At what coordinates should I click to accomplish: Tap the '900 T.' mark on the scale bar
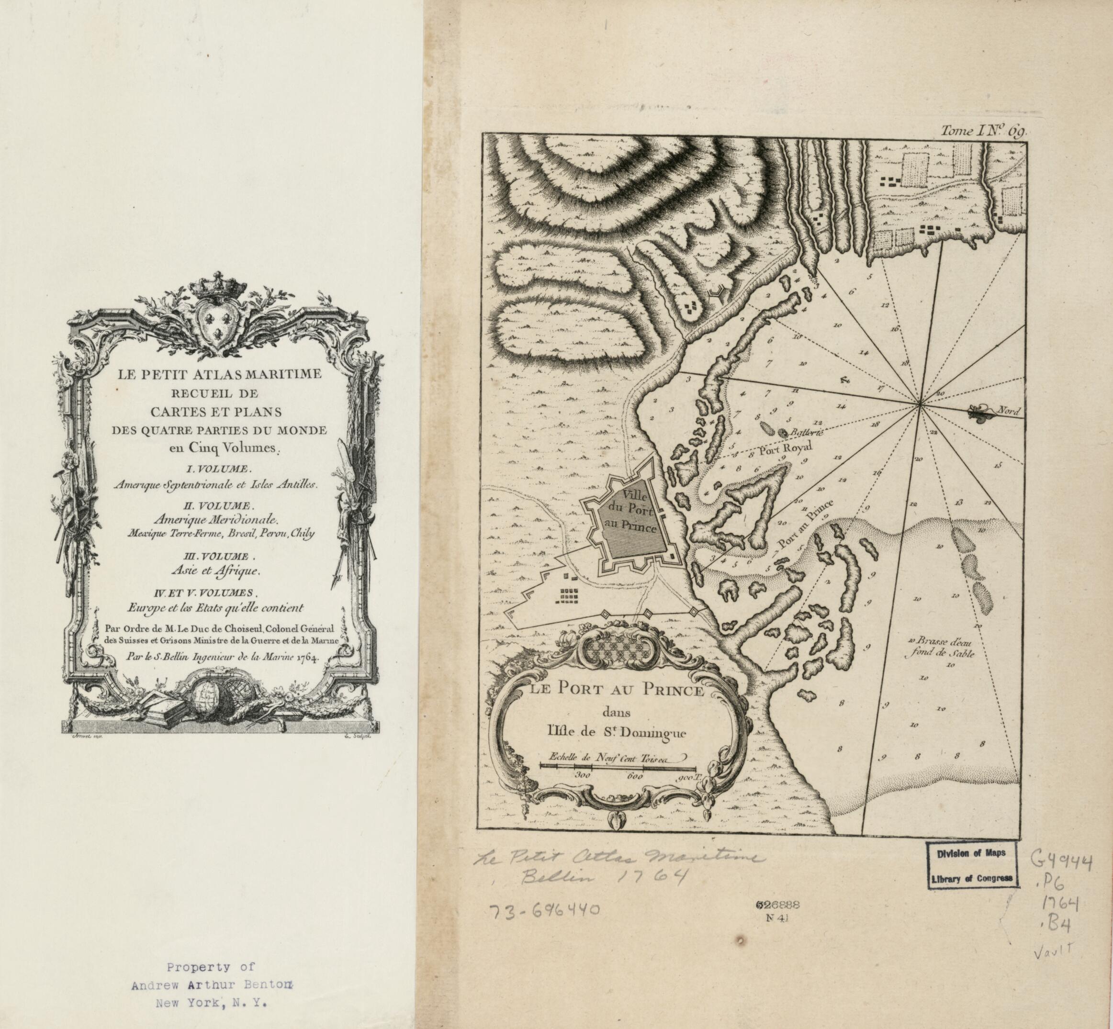click(688, 777)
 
